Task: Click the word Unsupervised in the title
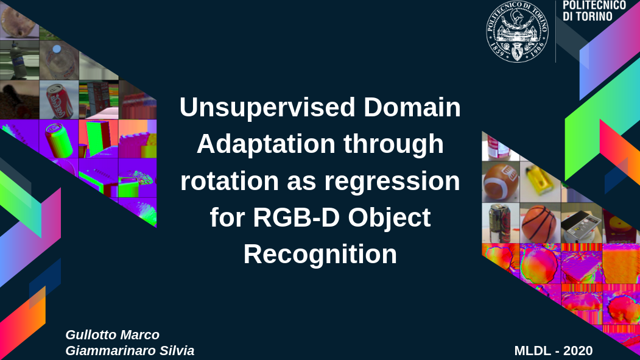(267, 107)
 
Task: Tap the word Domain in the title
(412, 107)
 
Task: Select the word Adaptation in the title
(266, 144)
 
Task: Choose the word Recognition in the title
(320, 255)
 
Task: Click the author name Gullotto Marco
(112, 334)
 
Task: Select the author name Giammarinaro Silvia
(130, 351)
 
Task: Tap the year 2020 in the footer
(578, 351)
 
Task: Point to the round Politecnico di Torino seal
(517, 32)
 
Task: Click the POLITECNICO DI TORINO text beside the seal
(594, 11)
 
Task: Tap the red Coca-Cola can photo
(59, 99)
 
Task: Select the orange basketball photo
(540, 224)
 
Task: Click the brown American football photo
(501, 183)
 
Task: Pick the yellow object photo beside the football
(540, 183)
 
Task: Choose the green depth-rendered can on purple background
(59, 139)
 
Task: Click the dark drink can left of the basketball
(501, 224)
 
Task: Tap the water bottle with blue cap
(59, 60)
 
